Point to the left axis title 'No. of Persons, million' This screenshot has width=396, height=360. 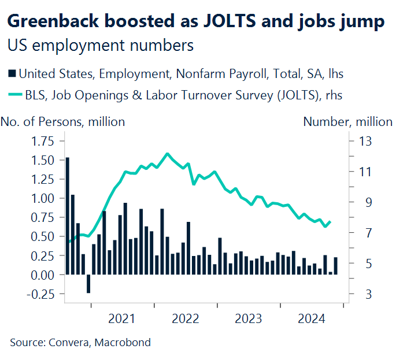[63, 122]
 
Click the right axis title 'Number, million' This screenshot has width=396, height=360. [348, 122]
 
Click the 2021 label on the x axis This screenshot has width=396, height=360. [121, 318]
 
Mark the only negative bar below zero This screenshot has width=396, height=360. [88, 284]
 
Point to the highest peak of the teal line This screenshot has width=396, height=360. [167, 154]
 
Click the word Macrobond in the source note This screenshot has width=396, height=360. [125, 343]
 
